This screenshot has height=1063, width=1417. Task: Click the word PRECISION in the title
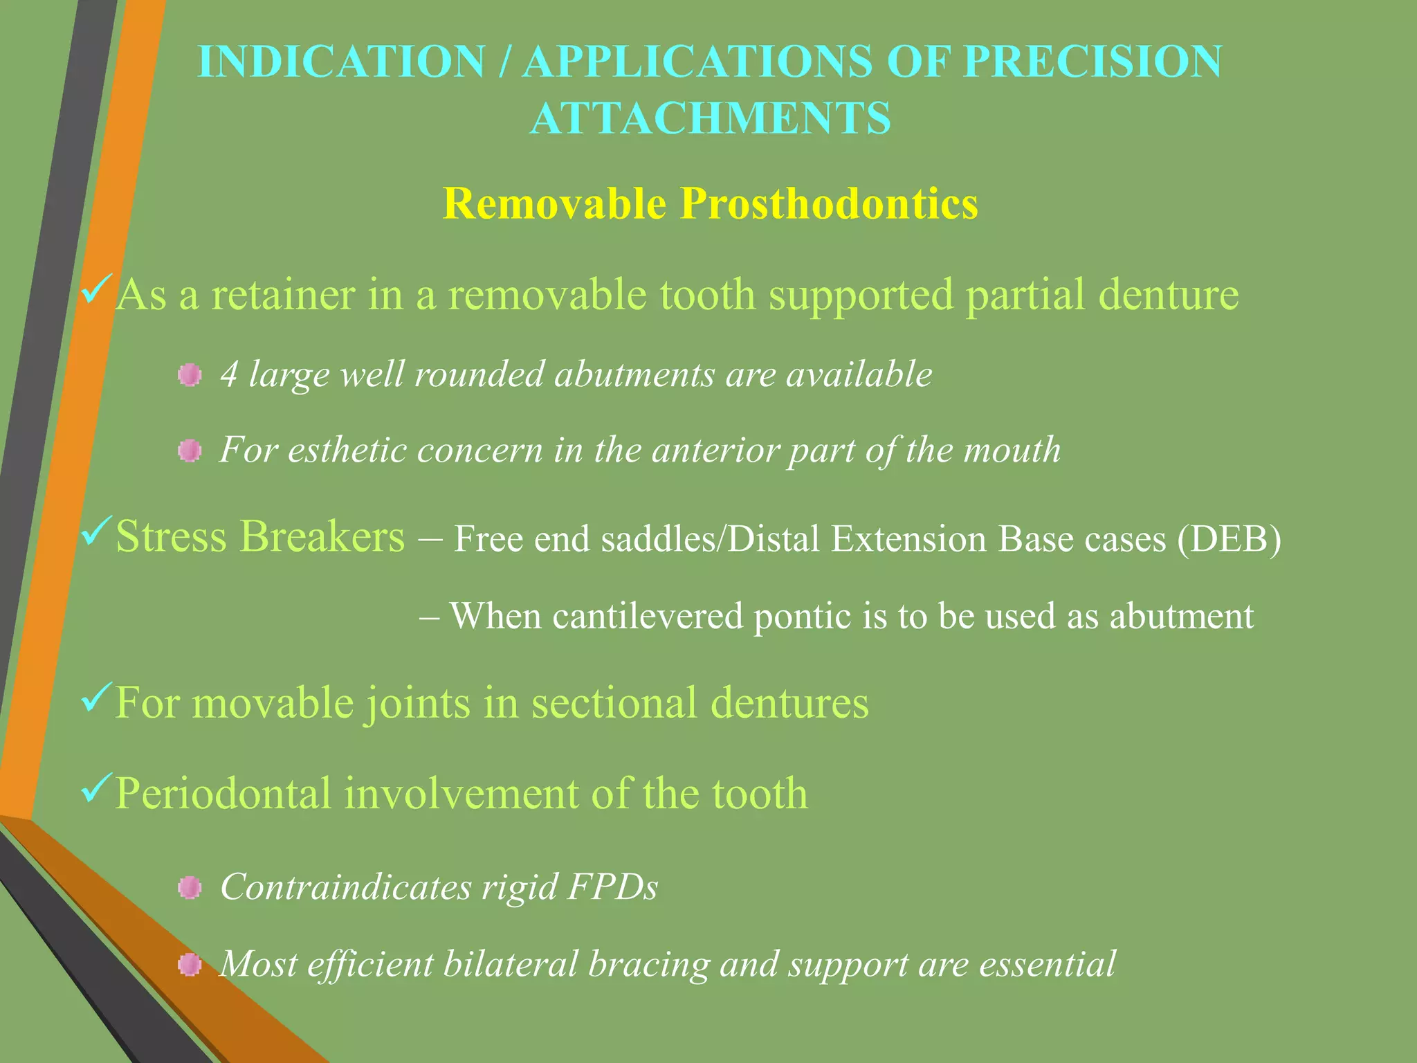[1093, 62]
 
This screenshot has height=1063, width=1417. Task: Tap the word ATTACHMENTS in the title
[710, 118]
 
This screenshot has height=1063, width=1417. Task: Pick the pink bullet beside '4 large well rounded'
[190, 376]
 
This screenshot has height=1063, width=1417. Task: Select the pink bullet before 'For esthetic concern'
[190, 452]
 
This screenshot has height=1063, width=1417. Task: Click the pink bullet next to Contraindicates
[190, 888]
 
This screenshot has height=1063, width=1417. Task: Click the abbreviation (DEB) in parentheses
[1229, 539]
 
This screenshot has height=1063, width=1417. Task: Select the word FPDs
[612, 887]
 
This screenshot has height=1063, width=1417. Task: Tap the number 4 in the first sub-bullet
[229, 375]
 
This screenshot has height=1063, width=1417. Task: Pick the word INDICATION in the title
[341, 62]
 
